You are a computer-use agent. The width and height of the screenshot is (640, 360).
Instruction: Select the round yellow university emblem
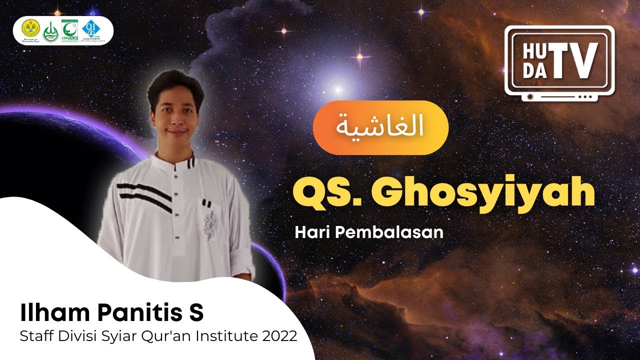(30, 31)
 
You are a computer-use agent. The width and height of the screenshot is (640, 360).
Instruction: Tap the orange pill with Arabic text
(380, 127)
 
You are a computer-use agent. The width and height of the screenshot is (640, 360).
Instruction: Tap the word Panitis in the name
(130, 313)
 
